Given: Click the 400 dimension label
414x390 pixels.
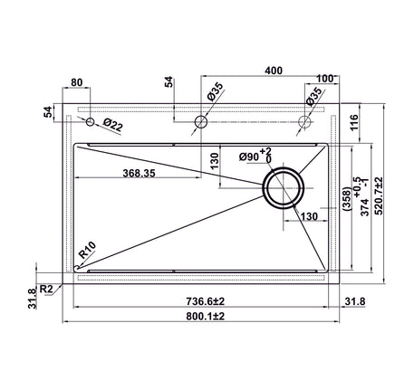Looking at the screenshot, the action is pyautogui.click(x=274, y=71).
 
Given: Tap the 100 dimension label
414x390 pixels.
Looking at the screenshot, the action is pyautogui.click(x=324, y=79).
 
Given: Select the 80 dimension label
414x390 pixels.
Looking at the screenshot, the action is pyautogui.click(x=76, y=82).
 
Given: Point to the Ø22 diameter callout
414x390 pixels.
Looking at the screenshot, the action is pyautogui.click(x=112, y=125).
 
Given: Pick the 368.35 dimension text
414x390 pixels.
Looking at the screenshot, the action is pyautogui.click(x=139, y=173).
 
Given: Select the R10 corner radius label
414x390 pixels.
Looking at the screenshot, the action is pyautogui.click(x=87, y=250).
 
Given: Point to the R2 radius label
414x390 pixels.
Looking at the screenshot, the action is pyautogui.click(x=46, y=289).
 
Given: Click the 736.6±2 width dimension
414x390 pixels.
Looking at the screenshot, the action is pyautogui.click(x=206, y=301).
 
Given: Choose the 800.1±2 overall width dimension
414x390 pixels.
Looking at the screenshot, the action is pyautogui.click(x=206, y=317).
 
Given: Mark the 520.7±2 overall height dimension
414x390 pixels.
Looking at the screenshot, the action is pyautogui.click(x=379, y=195).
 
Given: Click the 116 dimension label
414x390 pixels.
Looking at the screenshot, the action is pyautogui.click(x=354, y=122).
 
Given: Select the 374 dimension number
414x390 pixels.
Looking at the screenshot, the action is pyautogui.click(x=365, y=207).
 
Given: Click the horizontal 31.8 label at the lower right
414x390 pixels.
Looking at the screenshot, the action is pyautogui.click(x=355, y=301).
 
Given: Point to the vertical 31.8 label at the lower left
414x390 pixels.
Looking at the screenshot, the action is pyautogui.click(x=32, y=299).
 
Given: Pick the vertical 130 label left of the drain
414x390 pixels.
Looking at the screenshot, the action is pyautogui.click(x=214, y=161).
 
